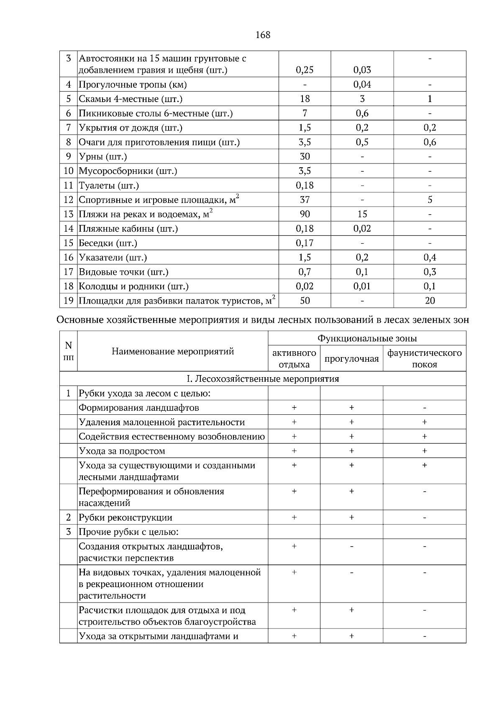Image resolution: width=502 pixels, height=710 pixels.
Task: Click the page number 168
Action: (x=263, y=35)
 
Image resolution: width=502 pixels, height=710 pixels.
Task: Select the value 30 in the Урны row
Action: (x=305, y=156)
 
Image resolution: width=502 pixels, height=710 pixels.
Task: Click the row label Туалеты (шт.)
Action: (x=109, y=185)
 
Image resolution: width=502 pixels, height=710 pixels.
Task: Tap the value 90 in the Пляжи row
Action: (x=305, y=214)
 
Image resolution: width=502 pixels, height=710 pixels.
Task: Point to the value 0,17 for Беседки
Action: (x=305, y=243)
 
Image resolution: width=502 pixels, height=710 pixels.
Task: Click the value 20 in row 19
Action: (x=430, y=301)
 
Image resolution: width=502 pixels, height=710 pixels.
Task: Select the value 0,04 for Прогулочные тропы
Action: (x=362, y=84)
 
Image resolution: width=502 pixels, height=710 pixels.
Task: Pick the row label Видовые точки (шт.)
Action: (x=123, y=272)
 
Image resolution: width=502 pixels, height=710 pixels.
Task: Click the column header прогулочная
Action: (x=351, y=359)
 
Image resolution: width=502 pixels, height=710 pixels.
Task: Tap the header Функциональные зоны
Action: (x=367, y=338)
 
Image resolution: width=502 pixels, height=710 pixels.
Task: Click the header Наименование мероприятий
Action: (x=172, y=351)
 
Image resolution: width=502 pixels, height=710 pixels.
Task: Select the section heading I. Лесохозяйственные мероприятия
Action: (x=263, y=379)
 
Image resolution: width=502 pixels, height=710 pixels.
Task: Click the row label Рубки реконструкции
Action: (x=125, y=518)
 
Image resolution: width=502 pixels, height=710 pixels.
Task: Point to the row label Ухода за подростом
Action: (x=122, y=451)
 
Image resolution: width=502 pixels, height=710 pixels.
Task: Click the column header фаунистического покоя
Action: (x=424, y=358)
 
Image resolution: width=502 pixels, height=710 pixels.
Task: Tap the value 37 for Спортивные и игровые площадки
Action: (x=305, y=200)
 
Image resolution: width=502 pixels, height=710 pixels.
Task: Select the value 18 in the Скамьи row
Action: (x=305, y=99)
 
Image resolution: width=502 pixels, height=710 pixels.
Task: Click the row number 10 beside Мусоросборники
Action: (x=69, y=171)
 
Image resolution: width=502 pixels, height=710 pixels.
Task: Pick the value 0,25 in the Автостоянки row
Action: (x=305, y=70)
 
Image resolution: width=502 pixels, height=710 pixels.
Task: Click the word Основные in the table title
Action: (x=79, y=320)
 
